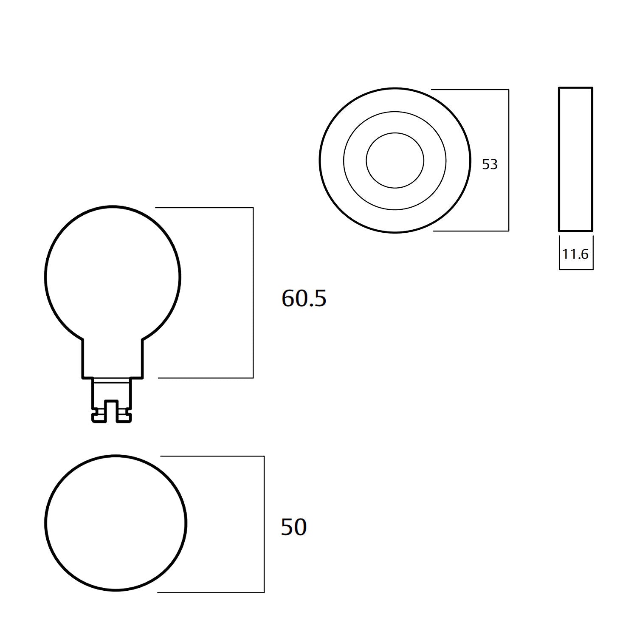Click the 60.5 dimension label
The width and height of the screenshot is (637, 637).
coord(304,298)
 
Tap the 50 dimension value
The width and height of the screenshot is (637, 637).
coord(293,527)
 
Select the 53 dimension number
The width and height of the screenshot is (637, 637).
coord(490,164)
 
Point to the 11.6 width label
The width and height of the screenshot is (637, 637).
coord(575,254)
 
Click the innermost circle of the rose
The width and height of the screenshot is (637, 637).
coord(395,161)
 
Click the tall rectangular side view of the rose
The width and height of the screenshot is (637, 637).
coord(575,159)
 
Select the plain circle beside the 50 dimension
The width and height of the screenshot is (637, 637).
coord(116,523)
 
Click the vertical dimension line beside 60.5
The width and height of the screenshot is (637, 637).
coord(253,293)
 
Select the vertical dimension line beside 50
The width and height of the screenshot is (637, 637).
coord(264,524)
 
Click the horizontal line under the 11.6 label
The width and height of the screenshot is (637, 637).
coord(576,269)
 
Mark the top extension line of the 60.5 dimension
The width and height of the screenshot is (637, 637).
coord(204,208)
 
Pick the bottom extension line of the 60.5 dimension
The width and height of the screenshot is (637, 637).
coord(206,378)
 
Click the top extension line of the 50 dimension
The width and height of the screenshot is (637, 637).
coord(212,456)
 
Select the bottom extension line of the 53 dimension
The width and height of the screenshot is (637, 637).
coord(471,231)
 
